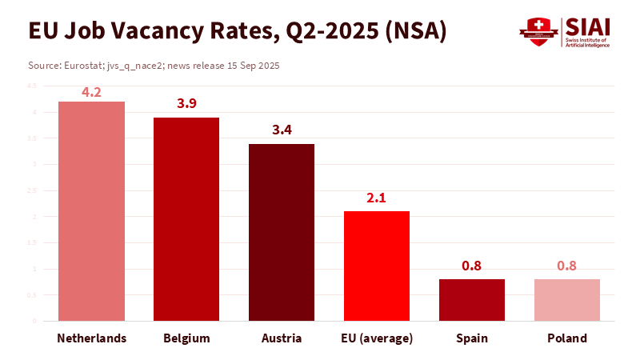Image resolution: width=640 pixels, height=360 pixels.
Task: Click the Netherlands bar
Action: [91, 211]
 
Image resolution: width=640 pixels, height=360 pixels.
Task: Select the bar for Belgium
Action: [186, 219]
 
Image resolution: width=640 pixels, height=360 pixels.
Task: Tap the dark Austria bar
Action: [282, 232]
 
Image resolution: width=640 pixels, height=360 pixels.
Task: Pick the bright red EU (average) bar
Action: [377, 266]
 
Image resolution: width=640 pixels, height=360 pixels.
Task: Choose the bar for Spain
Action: [472, 300]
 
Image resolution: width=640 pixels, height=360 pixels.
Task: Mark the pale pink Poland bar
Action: [567, 300]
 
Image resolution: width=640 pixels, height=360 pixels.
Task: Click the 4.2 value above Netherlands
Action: [91, 92]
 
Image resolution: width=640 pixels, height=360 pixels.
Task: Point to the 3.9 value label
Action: [186, 104]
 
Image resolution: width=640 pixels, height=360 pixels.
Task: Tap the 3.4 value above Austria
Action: [282, 130]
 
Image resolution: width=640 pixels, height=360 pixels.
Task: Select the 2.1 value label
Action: [377, 198]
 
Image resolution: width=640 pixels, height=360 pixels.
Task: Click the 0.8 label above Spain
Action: [472, 266]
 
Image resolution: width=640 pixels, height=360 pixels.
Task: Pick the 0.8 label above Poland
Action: [567, 266]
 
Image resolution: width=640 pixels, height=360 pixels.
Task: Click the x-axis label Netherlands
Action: [91, 338]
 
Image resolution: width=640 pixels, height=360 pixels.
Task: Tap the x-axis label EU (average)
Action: [377, 338]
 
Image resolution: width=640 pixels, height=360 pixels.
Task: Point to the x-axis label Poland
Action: [567, 338]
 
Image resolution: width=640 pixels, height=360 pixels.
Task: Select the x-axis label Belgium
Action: [186, 338]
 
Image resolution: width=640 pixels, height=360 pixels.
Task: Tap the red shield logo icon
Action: [537, 32]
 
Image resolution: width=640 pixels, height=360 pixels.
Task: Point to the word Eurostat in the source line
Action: [82, 65]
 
